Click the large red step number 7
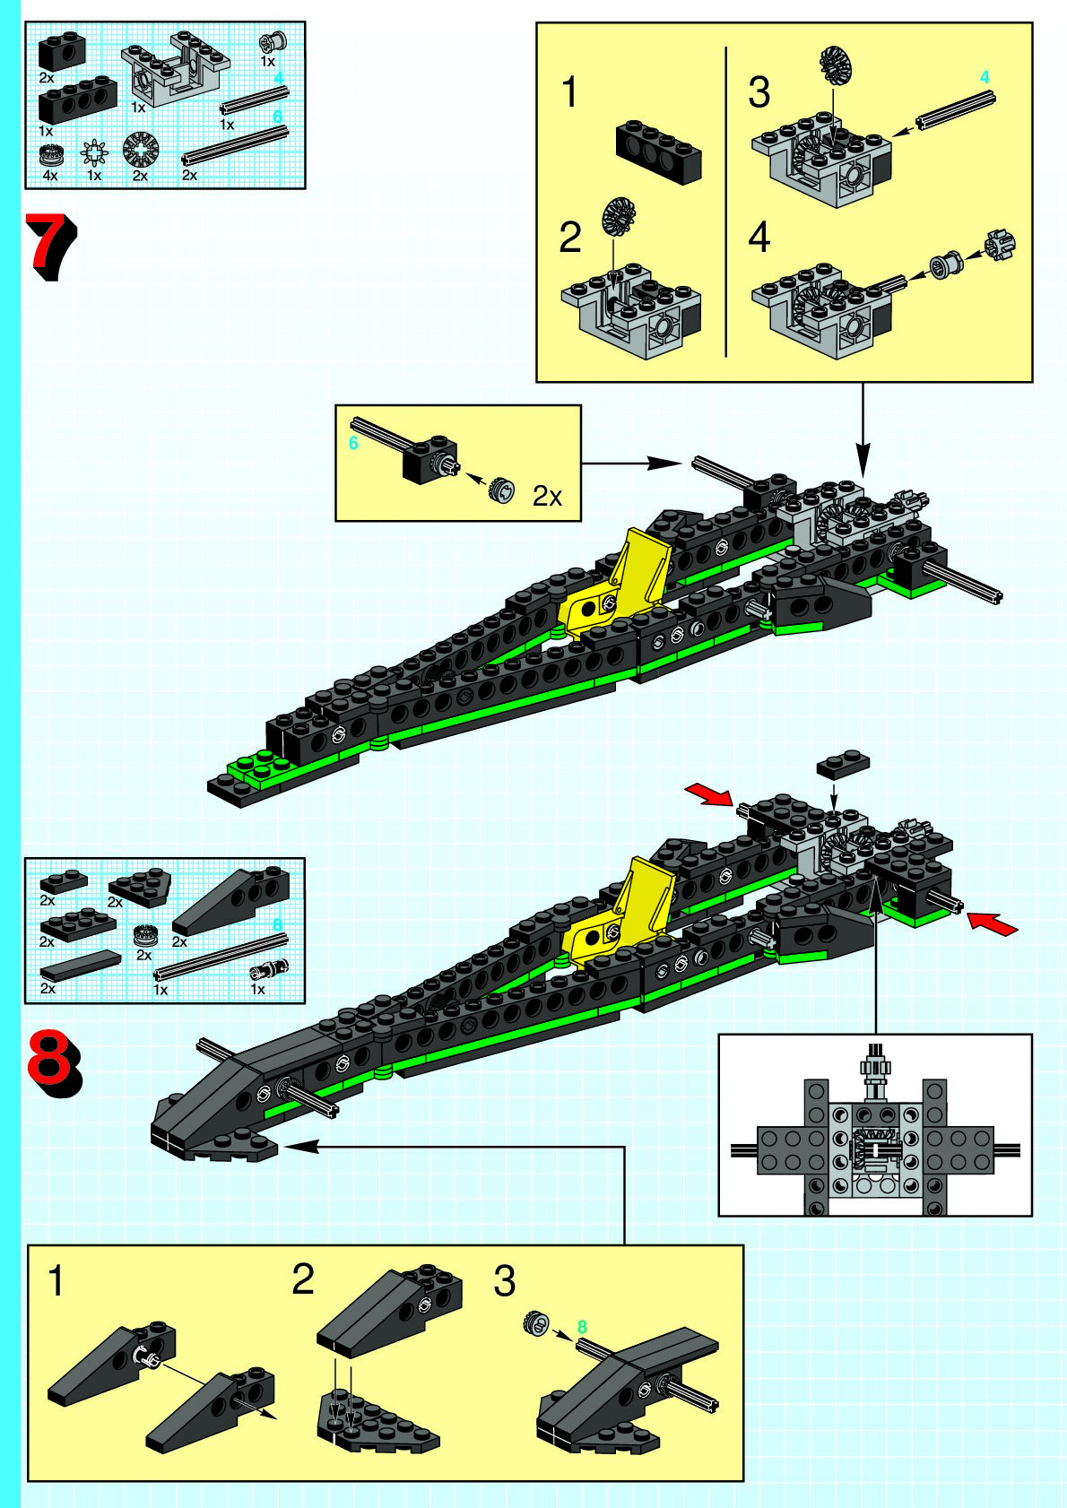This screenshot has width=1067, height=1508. click(x=52, y=246)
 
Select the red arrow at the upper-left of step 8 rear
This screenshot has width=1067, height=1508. click(x=709, y=794)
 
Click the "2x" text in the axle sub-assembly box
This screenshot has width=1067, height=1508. click(x=547, y=496)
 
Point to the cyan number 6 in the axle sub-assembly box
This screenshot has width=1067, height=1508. click(x=353, y=444)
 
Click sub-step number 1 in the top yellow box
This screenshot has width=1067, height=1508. click(x=570, y=93)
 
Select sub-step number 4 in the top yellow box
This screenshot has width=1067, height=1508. click(x=759, y=238)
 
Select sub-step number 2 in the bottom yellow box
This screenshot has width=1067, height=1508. click(x=303, y=1280)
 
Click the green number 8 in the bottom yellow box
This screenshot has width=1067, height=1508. click(x=582, y=1327)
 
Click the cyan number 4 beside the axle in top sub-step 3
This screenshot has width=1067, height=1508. click(x=985, y=78)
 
